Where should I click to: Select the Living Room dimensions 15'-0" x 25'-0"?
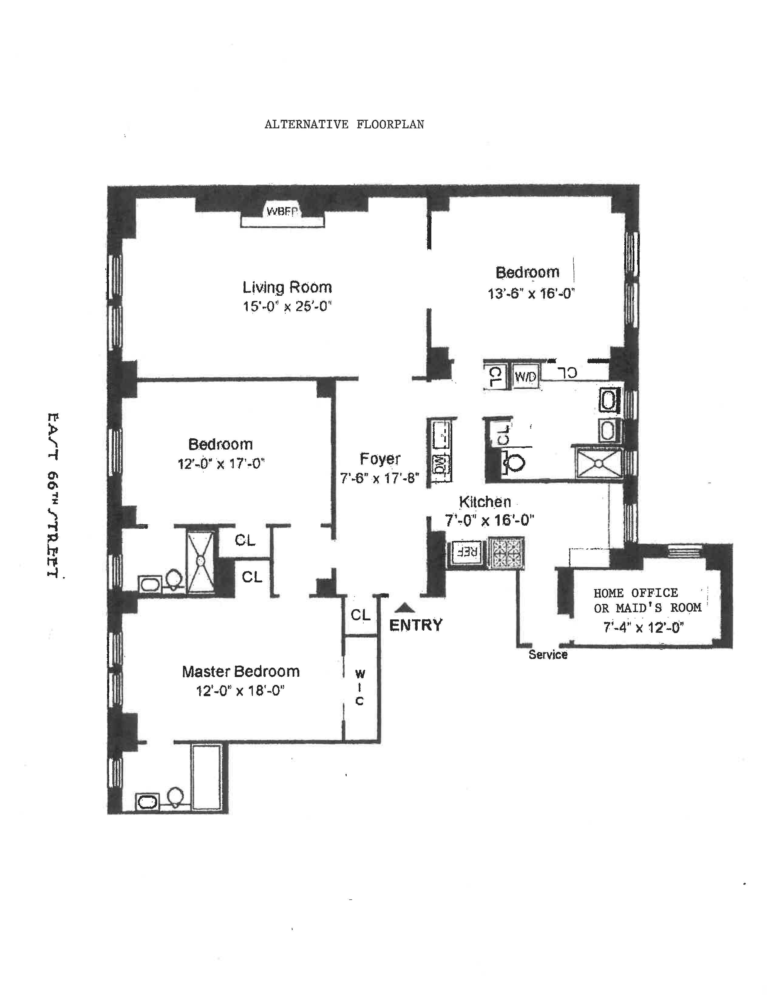tap(287, 306)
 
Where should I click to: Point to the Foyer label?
tap(380, 458)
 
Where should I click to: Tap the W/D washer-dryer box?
tap(525, 377)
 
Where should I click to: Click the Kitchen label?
tap(485, 502)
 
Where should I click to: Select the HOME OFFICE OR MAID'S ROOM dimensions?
tap(643, 627)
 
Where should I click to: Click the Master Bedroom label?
tap(241, 672)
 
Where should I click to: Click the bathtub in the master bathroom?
tap(206, 777)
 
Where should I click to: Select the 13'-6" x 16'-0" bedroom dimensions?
tap(531, 293)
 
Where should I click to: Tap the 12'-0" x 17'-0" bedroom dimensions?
tap(221, 463)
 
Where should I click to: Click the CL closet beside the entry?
tap(360, 615)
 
